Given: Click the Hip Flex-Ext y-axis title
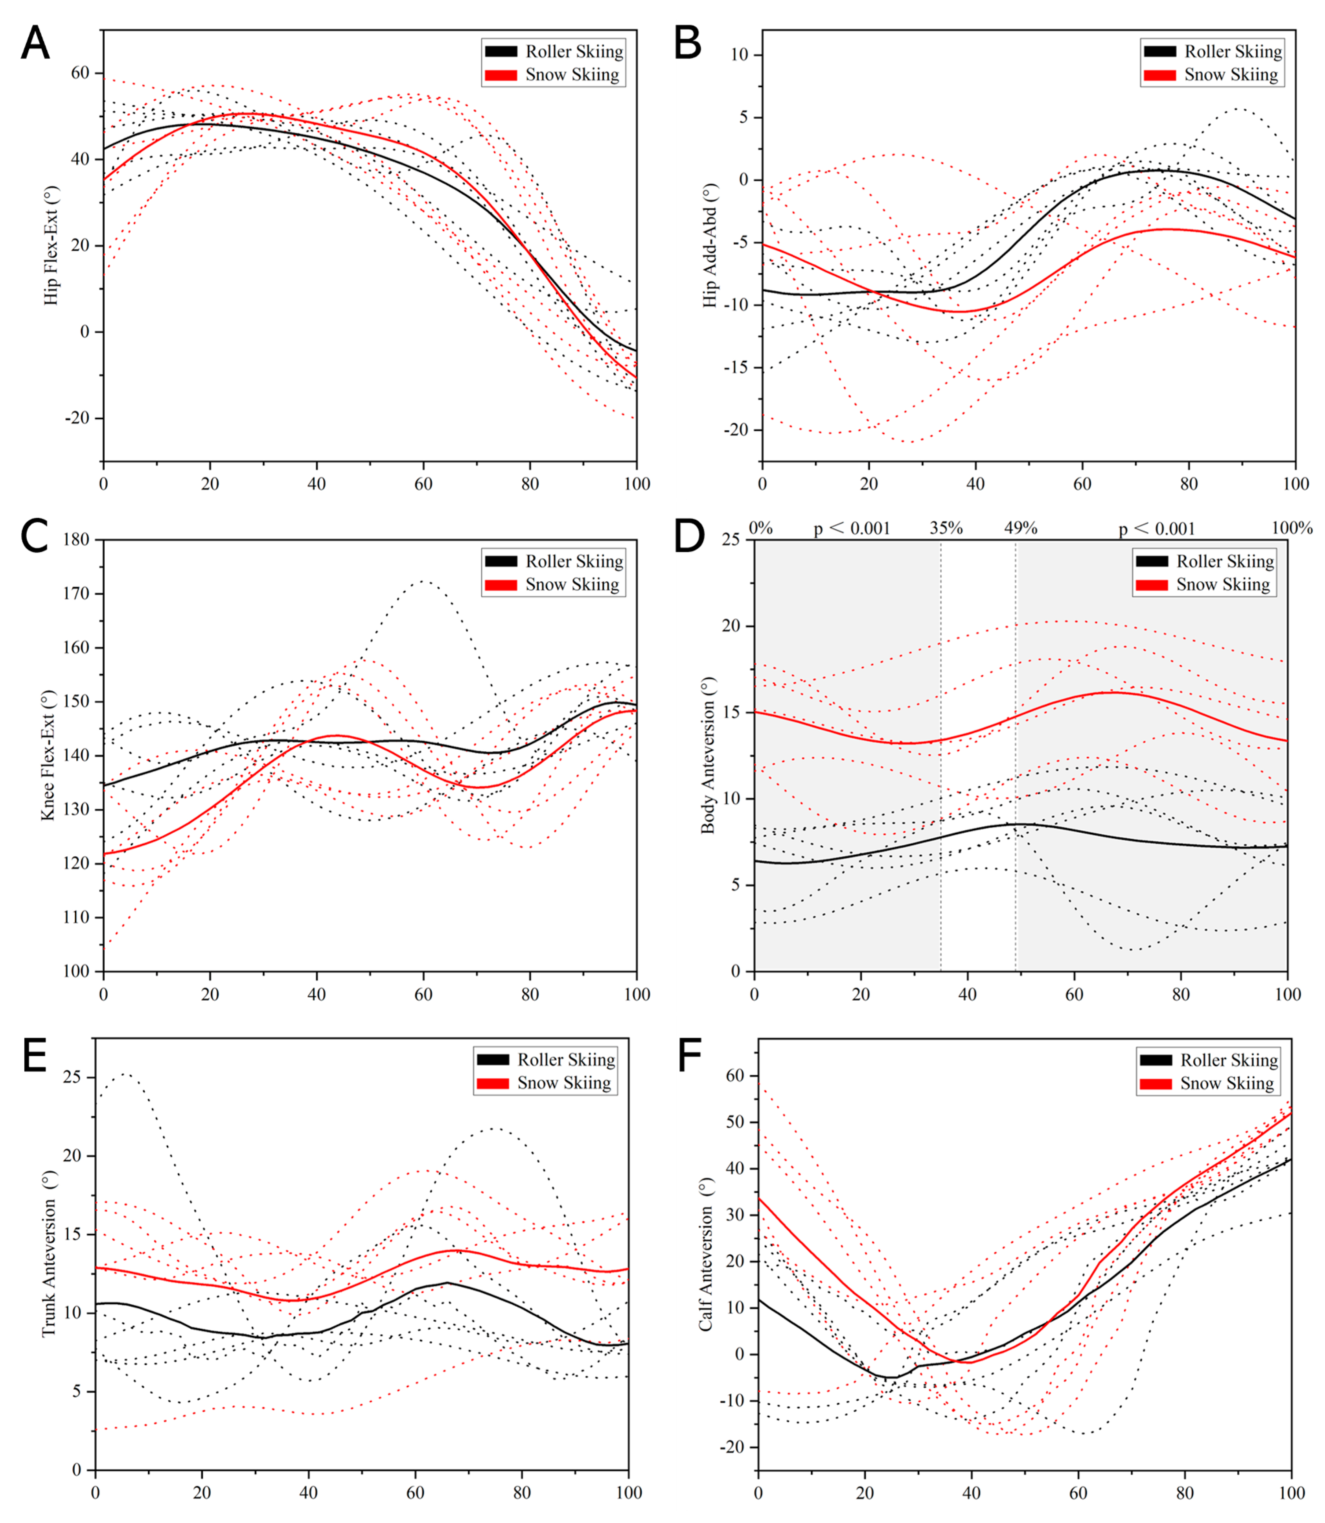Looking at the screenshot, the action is click(x=50, y=245).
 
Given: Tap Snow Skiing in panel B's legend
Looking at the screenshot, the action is click(x=1231, y=75).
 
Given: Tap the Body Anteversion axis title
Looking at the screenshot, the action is click(x=709, y=755).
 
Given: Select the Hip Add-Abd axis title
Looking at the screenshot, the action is click(x=710, y=245).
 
